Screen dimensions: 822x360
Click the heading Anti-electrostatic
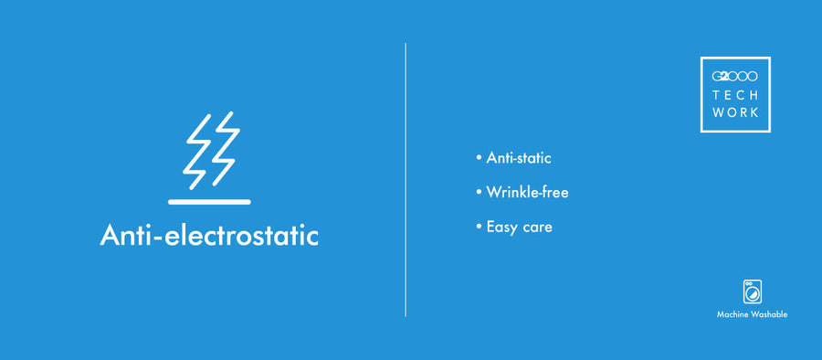(x=209, y=235)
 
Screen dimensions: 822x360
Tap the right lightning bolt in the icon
(x=223, y=149)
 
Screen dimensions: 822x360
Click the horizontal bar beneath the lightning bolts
(x=209, y=202)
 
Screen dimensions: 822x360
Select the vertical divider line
(x=406, y=180)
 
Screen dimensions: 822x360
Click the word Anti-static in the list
(x=519, y=158)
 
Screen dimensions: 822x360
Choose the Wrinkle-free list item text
(x=527, y=193)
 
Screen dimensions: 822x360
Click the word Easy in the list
(x=502, y=228)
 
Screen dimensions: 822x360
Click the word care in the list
(x=537, y=228)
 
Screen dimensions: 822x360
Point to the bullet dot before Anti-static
(x=479, y=157)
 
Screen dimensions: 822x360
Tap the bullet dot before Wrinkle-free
(x=479, y=192)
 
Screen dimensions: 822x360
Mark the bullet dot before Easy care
(x=479, y=227)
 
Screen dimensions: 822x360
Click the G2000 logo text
(x=735, y=77)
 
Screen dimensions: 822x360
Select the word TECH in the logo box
(x=735, y=96)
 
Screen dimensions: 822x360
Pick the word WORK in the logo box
(x=735, y=112)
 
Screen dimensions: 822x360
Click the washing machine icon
(x=753, y=291)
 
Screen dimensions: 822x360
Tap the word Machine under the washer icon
(x=732, y=315)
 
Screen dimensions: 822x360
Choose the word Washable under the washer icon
(x=770, y=315)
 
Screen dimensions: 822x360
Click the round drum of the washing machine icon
(x=753, y=294)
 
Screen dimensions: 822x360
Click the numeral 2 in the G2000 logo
(x=724, y=77)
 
